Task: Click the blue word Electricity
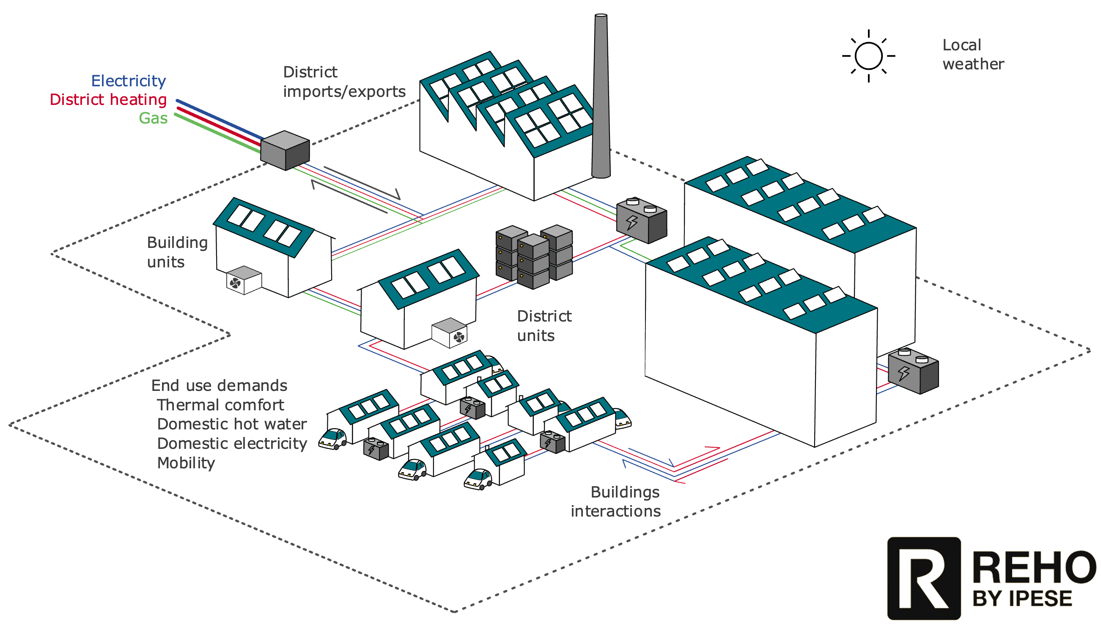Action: (x=129, y=81)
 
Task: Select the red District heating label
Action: (x=108, y=99)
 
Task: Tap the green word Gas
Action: (x=153, y=118)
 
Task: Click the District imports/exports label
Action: (x=344, y=82)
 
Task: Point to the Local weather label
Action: (x=972, y=55)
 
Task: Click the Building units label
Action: (x=177, y=252)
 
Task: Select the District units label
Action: (x=544, y=326)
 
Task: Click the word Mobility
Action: (x=186, y=463)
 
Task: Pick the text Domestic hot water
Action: (x=232, y=424)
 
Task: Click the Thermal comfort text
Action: (x=220, y=404)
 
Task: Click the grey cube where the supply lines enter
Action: (x=285, y=150)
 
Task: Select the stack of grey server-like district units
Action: (x=534, y=256)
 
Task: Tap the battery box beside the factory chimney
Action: (x=641, y=220)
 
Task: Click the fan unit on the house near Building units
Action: (x=243, y=280)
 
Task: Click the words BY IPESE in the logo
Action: (x=1022, y=598)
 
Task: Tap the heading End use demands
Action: (x=219, y=385)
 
